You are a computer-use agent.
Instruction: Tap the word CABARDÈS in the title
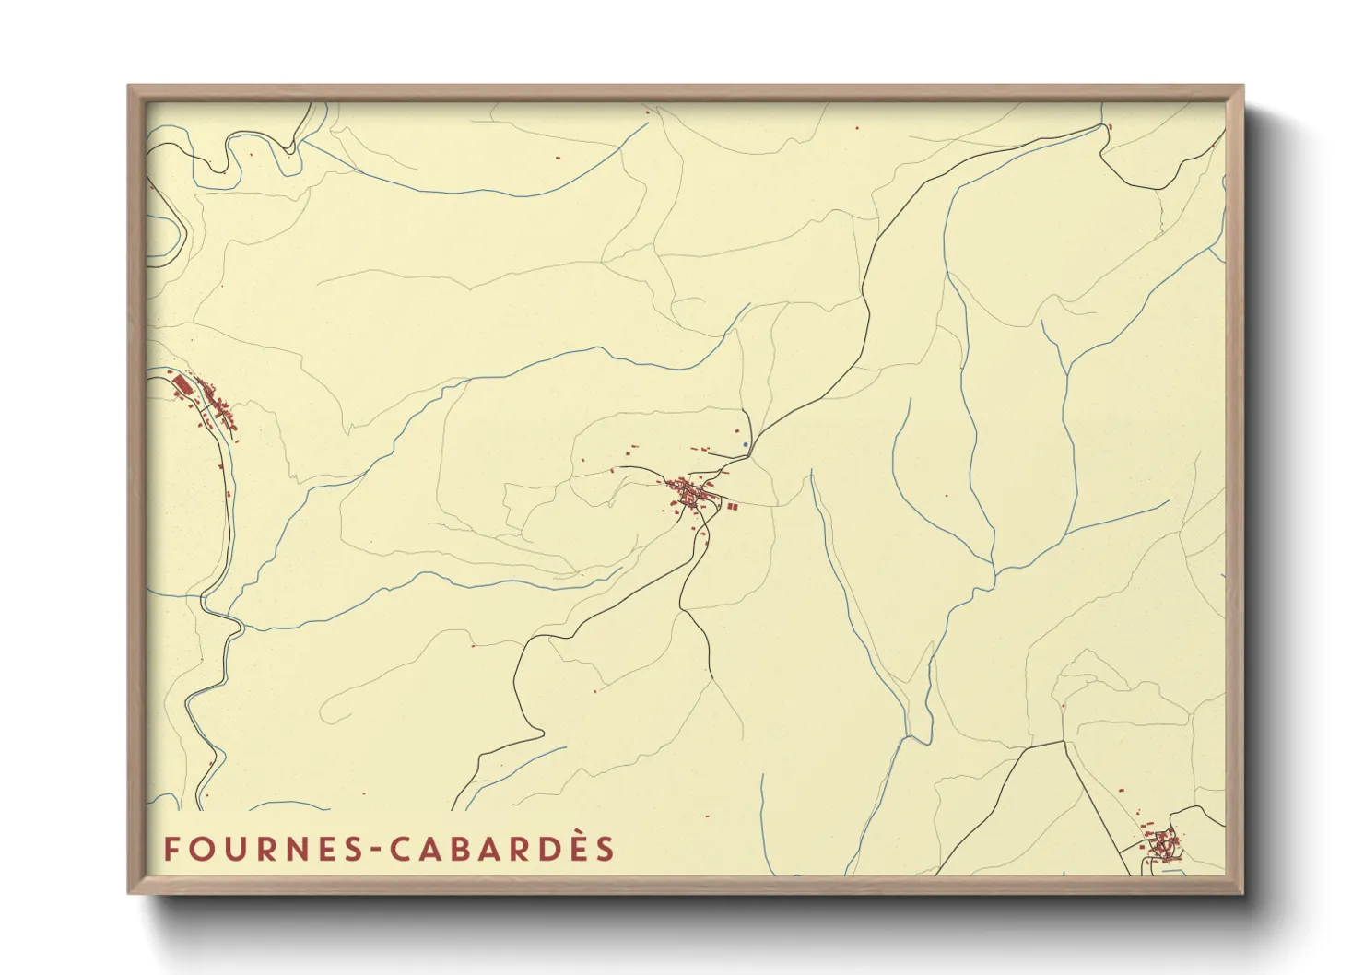502,849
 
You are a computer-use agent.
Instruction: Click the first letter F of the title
170,849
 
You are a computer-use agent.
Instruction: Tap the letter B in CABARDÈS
458,849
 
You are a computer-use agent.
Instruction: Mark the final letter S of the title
605,849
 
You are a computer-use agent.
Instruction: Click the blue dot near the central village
745,444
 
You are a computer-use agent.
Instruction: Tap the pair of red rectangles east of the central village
730,506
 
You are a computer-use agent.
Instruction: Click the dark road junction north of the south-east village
1064,741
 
